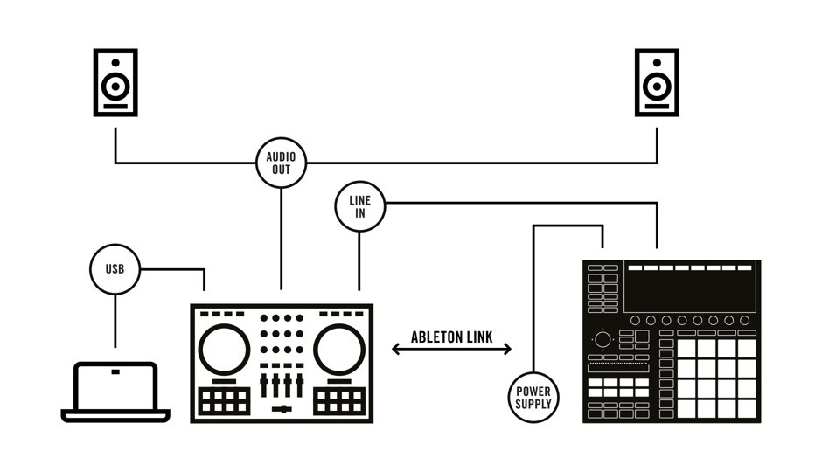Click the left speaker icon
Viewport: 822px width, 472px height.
point(115,83)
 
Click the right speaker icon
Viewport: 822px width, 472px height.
point(657,83)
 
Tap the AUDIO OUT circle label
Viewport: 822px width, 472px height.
point(282,163)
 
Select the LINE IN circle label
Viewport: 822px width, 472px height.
point(359,207)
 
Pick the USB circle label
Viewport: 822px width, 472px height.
point(115,268)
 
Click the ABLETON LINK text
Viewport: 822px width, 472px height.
point(451,337)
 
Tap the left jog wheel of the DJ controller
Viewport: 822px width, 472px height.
point(224,350)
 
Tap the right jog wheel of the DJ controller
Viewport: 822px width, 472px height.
point(339,350)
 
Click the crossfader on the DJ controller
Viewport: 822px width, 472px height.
point(282,409)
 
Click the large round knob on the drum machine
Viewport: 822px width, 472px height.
point(603,339)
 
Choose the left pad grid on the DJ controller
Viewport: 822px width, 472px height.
point(224,401)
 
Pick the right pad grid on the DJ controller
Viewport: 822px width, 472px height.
point(339,401)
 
